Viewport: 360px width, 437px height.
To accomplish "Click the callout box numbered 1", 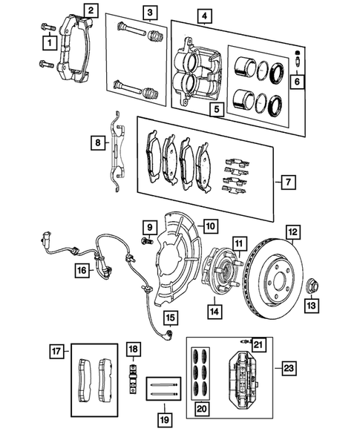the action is pos(50,43).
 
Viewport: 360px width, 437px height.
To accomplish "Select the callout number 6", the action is pos(297,82).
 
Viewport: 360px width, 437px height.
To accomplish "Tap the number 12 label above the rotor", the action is pos(292,232).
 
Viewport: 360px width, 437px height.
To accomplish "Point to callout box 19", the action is pos(165,419).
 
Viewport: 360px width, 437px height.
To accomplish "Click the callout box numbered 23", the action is pos(289,369).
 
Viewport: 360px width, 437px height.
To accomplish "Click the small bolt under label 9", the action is pos(146,240).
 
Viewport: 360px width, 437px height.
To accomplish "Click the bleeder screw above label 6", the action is pos(298,57).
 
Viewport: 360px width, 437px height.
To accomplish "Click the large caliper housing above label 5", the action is pos(198,72).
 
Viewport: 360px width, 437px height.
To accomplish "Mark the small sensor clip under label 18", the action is pos(134,378).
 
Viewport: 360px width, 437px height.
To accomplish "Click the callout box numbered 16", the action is pos(82,270).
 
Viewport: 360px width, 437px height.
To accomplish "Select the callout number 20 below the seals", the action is pos(202,409).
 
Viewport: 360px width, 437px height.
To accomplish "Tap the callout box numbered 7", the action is pos(288,182).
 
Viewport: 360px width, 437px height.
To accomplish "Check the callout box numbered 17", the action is pos(56,351).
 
